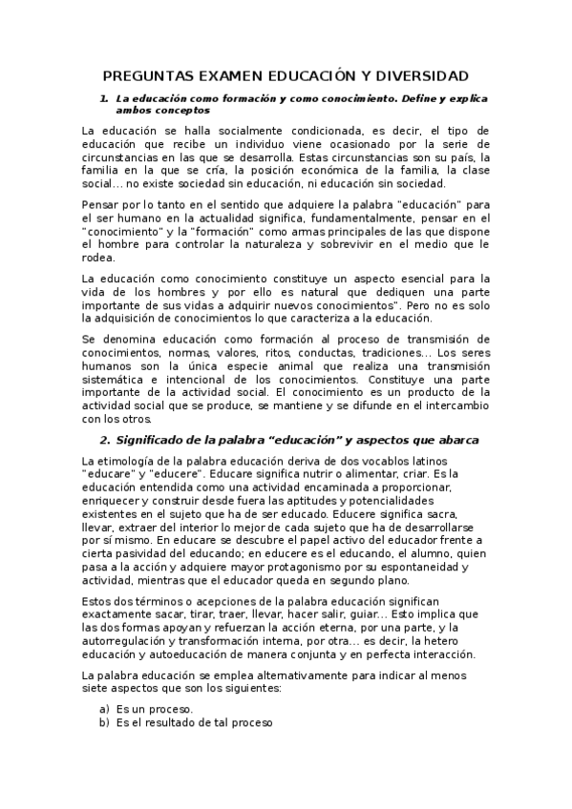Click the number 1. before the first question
point(104,98)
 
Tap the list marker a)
point(104,709)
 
